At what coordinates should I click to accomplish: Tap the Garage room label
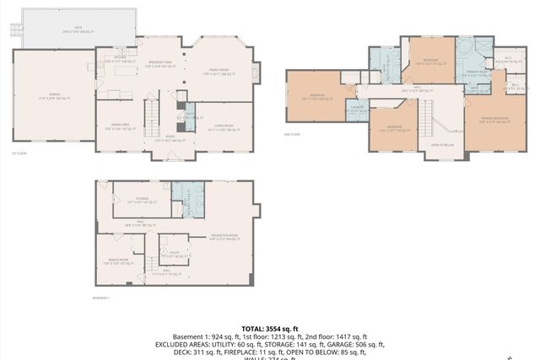pos(51,99)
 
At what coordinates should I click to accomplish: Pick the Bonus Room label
pos(118,262)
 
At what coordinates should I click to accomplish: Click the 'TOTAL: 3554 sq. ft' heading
pos(269,328)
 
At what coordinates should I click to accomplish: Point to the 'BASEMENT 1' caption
pos(101,298)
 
